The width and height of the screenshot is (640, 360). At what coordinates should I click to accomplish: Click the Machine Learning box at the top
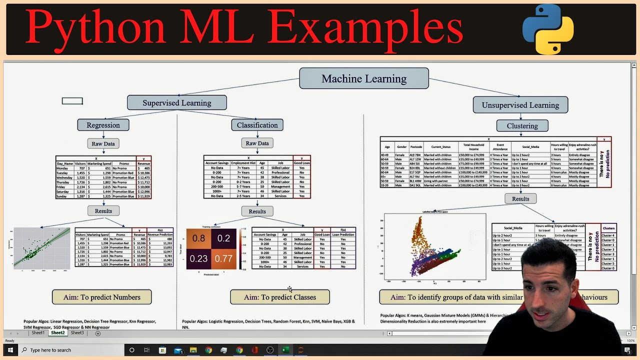(x=363, y=78)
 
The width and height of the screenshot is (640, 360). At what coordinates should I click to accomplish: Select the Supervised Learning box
(x=176, y=102)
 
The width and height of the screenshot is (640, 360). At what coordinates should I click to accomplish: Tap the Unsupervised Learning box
(x=520, y=105)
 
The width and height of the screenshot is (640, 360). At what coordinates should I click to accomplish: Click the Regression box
(x=103, y=125)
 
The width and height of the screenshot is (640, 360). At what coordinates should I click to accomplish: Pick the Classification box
(x=257, y=125)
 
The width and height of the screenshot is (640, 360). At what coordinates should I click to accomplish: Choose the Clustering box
(x=522, y=126)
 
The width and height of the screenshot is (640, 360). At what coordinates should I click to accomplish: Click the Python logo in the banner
(x=548, y=29)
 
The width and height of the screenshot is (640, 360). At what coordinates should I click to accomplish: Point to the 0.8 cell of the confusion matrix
(x=198, y=238)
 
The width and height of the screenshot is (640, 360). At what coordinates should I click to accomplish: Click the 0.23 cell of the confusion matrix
(x=198, y=258)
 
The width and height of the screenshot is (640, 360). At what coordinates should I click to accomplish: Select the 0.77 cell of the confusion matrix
(x=223, y=258)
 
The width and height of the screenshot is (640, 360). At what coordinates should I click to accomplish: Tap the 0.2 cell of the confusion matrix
(x=223, y=238)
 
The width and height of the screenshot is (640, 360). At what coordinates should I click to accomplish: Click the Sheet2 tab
(x=57, y=333)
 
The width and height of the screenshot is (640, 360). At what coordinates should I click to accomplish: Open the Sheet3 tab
(x=77, y=333)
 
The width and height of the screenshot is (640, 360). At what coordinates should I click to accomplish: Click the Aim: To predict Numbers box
(x=101, y=297)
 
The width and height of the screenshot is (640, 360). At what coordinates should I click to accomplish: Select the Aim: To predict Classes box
(x=279, y=297)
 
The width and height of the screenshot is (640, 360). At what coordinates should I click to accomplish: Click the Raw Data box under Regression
(x=103, y=143)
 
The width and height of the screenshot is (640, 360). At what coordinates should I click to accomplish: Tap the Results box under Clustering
(x=520, y=198)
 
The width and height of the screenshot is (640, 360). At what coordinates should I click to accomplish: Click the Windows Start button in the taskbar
(x=9, y=350)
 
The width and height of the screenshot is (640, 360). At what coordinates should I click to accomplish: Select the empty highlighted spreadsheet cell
(x=72, y=101)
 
